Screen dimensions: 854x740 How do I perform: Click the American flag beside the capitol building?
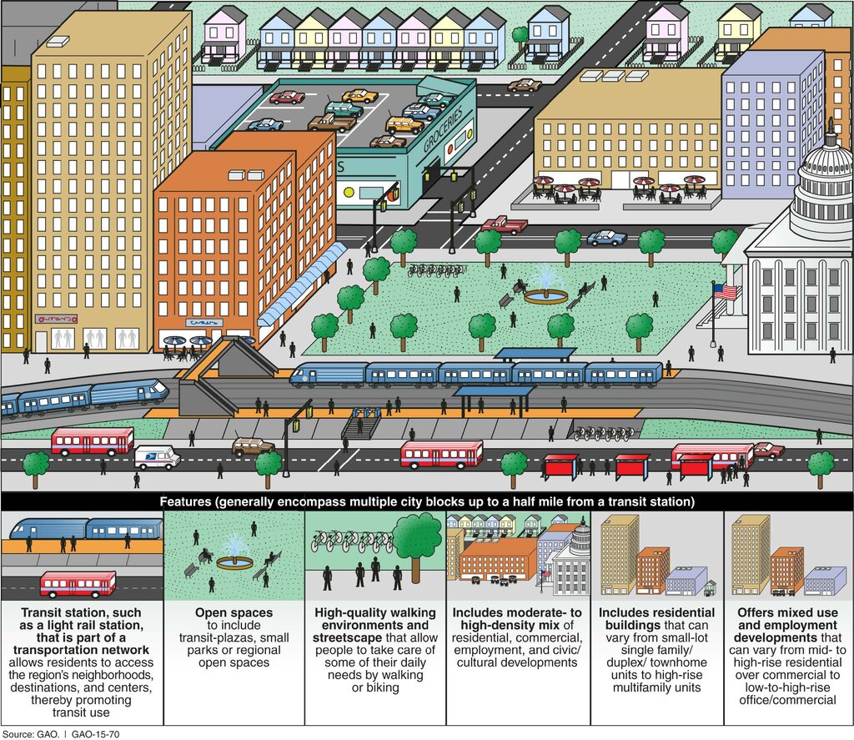(x=725, y=292)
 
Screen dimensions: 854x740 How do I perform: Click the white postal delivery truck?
(x=157, y=457)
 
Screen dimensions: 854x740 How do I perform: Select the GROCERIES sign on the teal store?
(x=443, y=129)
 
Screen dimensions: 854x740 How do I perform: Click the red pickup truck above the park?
(x=505, y=224)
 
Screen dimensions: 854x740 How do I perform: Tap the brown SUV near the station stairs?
(x=253, y=447)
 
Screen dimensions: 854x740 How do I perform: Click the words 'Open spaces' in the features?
(x=234, y=612)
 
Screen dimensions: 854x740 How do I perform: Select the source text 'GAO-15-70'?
(x=95, y=734)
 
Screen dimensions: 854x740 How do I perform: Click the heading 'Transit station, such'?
(x=81, y=612)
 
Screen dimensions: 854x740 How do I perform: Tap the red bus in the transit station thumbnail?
(x=78, y=585)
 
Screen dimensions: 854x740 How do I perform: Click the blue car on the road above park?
(x=607, y=238)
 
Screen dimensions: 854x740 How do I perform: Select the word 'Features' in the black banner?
(x=185, y=501)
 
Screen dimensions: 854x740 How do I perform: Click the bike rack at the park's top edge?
(x=437, y=271)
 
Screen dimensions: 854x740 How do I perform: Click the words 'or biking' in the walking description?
(x=375, y=687)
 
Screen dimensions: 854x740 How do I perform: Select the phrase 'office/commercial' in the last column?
(x=787, y=700)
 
